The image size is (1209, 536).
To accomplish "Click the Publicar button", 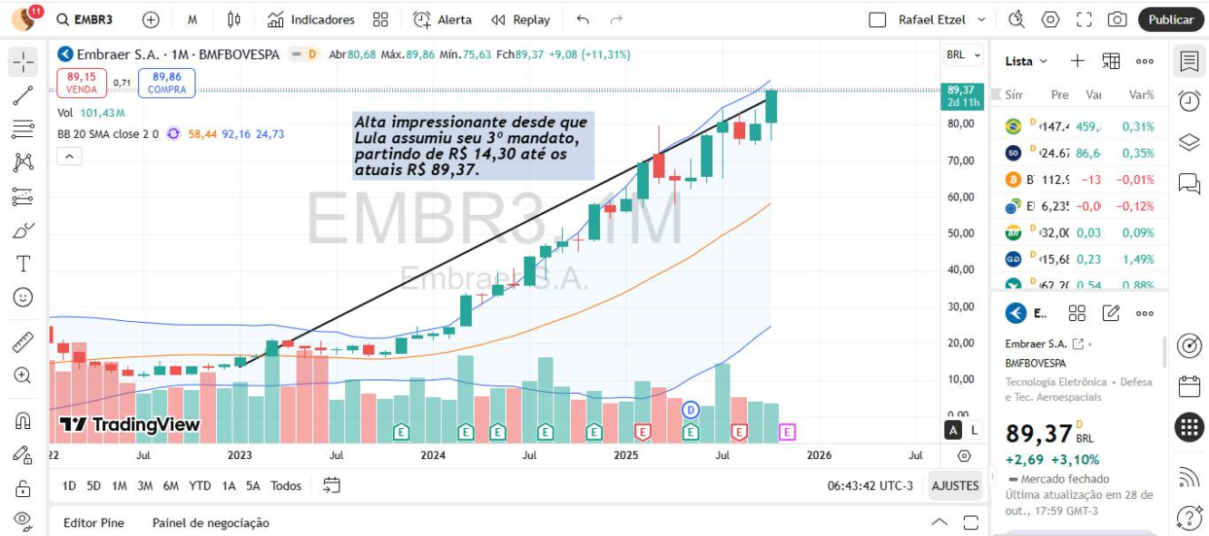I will click(1170, 19).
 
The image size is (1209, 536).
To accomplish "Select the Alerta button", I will click(443, 19).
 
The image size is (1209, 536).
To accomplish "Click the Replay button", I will click(521, 19).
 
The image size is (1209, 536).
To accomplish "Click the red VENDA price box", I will click(82, 83).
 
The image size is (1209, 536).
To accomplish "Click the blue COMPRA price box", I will click(167, 83).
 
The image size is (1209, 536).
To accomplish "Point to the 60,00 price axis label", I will click(961, 197).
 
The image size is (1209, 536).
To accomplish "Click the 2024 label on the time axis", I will click(433, 455).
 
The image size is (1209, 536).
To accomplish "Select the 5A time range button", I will click(253, 486).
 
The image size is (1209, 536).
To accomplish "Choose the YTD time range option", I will click(200, 486).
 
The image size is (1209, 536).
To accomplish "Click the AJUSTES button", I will click(955, 486).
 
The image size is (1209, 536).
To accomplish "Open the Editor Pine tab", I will click(93, 522).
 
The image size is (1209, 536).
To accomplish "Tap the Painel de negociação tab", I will click(211, 522).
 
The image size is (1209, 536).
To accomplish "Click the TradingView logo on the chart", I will click(130, 424).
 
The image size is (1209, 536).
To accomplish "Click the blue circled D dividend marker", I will click(691, 410).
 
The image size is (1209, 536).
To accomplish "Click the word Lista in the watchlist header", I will click(1019, 61).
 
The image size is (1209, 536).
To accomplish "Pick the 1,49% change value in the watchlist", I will click(1138, 258).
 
